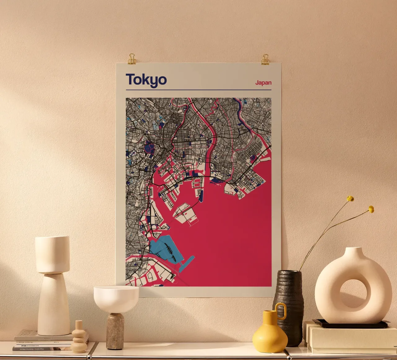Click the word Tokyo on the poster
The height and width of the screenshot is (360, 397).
click(146, 80)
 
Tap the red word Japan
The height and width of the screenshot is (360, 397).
click(263, 83)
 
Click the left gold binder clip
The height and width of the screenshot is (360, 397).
click(132, 59)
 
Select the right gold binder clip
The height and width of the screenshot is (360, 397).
click(265, 59)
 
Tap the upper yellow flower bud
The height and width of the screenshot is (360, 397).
click(350, 199)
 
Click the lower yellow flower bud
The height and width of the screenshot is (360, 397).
click(371, 209)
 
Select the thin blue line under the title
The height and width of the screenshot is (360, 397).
click(198, 90)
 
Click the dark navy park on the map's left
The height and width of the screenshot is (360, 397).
click(149, 147)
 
